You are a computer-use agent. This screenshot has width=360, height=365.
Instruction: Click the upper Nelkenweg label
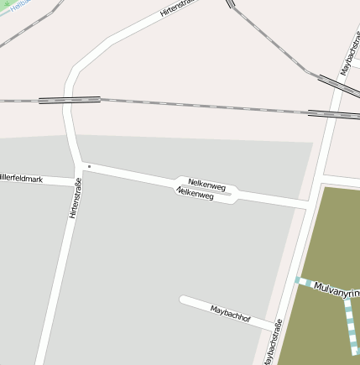pos(206,184)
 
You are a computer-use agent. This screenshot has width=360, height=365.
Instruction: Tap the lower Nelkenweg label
pos(194,193)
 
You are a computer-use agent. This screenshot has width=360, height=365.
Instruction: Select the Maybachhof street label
pos(231,314)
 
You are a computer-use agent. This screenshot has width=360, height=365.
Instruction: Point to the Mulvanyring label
pos(336,290)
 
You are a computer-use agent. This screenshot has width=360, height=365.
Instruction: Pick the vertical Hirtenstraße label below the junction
pos(75,198)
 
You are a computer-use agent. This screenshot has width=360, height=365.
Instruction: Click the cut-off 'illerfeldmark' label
pos(21,178)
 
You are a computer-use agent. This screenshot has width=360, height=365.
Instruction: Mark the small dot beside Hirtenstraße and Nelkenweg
pos(89,166)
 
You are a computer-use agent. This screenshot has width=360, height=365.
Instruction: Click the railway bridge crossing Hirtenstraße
pos(70,100)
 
